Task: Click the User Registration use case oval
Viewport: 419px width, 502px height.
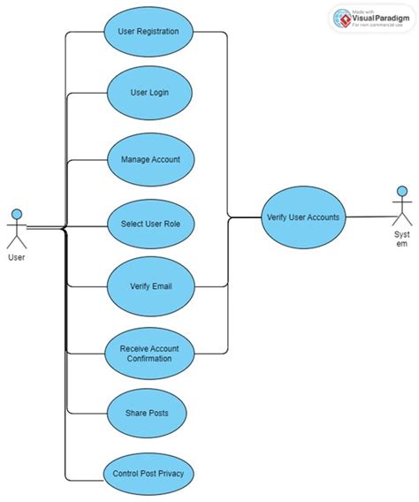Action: point(149,32)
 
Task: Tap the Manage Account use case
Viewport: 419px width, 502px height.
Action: point(149,159)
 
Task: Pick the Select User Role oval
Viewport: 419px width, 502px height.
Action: point(149,224)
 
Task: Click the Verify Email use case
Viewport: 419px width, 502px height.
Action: point(149,286)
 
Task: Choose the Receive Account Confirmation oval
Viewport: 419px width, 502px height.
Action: point(149,353)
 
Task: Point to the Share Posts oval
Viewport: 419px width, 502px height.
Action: point(149,413)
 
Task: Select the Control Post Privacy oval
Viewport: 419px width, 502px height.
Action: point(149,474)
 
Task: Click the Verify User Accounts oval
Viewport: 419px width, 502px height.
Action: point(302,217)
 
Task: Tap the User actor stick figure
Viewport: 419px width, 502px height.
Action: point(17,227)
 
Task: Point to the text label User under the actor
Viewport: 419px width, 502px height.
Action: point(16,258)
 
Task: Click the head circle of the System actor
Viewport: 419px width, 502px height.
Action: point(402,191)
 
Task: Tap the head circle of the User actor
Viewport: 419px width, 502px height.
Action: point(17,213)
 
